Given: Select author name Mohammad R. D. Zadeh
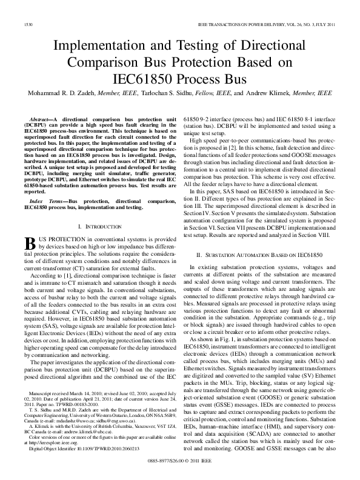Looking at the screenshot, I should [x=60, y=94].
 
